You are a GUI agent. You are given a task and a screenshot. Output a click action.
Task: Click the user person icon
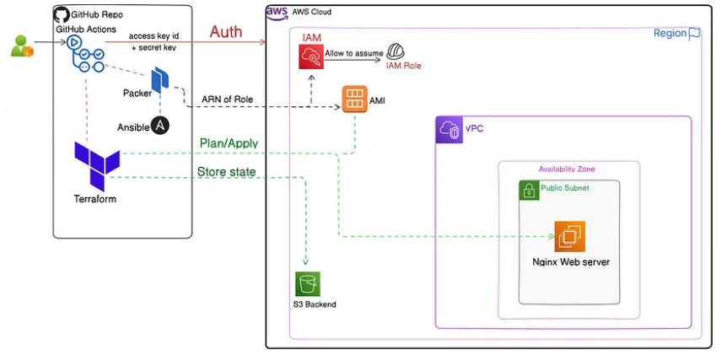21,46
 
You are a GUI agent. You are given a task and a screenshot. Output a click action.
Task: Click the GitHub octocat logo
62,14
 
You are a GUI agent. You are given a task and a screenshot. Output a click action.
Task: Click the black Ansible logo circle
160,126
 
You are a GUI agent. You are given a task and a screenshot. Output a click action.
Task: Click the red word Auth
225,32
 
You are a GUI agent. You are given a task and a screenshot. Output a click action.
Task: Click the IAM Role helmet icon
394,53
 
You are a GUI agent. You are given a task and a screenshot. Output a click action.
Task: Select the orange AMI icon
354,99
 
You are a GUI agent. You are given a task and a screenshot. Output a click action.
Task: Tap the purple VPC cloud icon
449,130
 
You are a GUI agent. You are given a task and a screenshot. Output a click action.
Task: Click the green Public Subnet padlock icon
528,190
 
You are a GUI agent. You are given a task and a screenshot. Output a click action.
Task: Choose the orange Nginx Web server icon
569,236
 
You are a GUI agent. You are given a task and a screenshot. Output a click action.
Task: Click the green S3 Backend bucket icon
308,283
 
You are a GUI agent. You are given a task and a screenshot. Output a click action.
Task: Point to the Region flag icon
695,33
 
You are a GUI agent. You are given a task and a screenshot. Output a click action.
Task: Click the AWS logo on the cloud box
277,12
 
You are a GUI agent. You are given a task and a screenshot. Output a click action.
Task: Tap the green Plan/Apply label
229,143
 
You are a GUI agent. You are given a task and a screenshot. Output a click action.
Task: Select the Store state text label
227,172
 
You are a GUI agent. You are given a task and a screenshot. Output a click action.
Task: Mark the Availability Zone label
567,169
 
